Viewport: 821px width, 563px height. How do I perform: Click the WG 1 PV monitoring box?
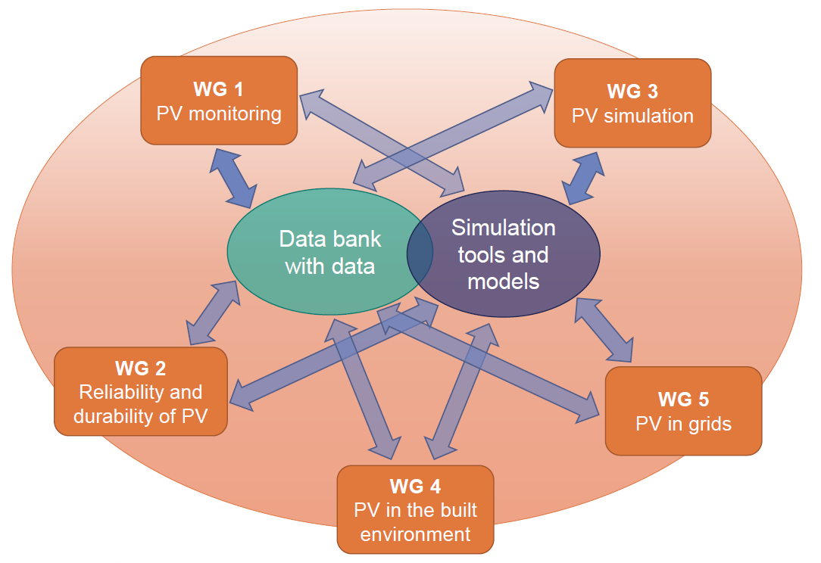point(219,101)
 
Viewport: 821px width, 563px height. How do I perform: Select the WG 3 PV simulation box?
point(632,103)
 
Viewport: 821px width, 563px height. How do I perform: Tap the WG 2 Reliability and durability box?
point(141,391)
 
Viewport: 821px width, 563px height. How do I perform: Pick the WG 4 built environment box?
point(415,509)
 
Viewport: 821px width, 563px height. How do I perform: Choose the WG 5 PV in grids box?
point(683,411)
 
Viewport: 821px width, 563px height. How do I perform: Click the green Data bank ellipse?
point(330,252)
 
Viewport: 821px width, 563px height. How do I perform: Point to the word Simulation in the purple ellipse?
point(503,228)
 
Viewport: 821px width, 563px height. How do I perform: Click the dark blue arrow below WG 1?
point(233,179)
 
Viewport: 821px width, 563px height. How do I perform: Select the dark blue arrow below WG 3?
point(582,179)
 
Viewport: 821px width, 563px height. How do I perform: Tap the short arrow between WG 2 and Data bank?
point(213,313)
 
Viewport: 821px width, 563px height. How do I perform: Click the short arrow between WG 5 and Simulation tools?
point(604,330)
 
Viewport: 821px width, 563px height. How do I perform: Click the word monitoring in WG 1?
point(235,114)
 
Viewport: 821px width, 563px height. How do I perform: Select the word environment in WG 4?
point(415,534)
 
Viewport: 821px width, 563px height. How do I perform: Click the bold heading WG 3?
point(632,91)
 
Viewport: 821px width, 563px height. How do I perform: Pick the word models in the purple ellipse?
point(503,282)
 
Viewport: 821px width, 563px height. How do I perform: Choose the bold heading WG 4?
point(415,487)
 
